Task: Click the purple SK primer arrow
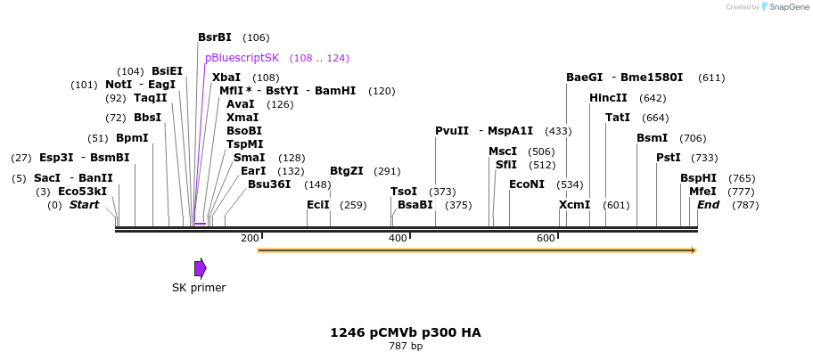(201, 268)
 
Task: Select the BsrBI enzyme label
(215, 37)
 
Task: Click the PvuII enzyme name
(452, 131)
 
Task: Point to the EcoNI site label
(527, 184)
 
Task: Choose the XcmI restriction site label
(575, 205)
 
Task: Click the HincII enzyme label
(608, 98)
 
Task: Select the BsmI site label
(653, 138)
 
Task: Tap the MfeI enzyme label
(703, 192)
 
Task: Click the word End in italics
(709, 205)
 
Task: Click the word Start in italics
(85, 205)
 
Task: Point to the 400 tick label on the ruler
(398, 238)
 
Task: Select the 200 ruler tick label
(250, 238)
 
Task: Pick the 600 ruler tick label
(546, 238)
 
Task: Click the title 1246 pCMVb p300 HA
(406, 332)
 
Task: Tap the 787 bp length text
(406, 346)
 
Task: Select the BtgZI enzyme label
(347, 171)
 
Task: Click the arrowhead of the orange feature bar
(693, 250)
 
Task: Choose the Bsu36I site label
(269, 184)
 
